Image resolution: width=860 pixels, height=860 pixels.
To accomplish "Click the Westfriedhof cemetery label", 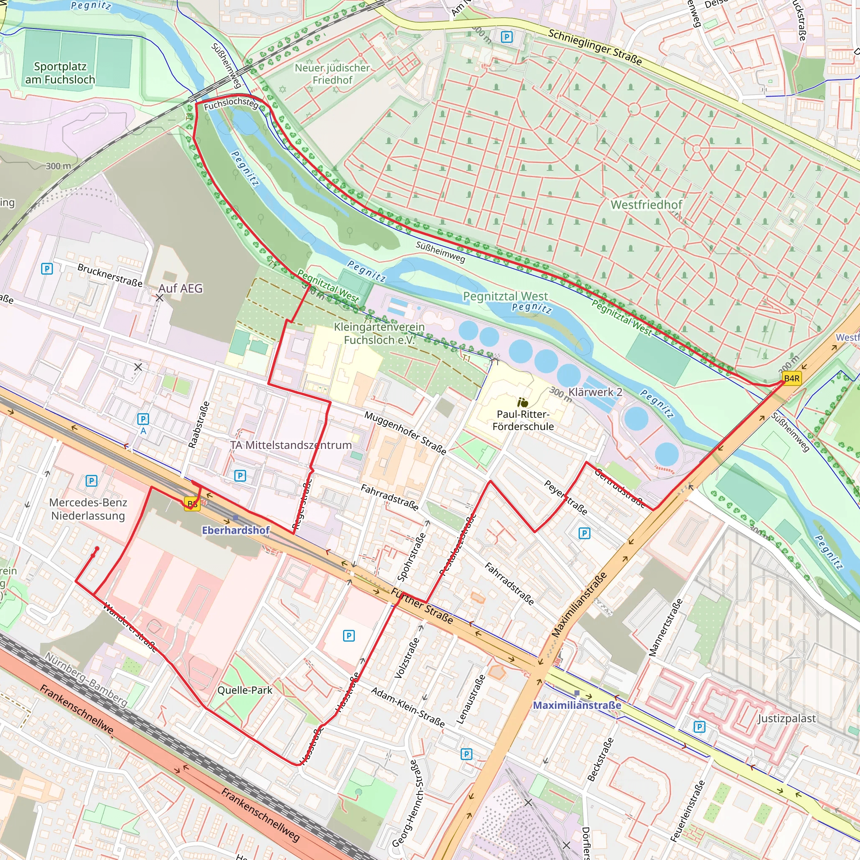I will pyautogui.click(x=646, y=205).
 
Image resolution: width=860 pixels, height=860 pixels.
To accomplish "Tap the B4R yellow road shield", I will pyautogui.click(x=792, y=378).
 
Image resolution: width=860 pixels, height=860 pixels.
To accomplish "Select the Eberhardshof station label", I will pyautogui.click(x=236, y=530).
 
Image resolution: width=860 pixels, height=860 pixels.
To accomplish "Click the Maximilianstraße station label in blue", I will pyautogui.click(x=577, y=705).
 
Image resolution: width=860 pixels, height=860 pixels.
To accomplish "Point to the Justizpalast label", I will pyautogui.click(x=787, y=718).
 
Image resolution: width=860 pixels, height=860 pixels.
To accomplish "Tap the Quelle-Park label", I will pyautogui.click(x=244, y=690).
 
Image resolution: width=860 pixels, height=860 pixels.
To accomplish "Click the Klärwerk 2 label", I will pyautogui.click(x=595, y=392).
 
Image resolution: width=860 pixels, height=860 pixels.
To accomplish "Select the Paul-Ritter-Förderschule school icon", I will pyautogui.click(x=523, y=402).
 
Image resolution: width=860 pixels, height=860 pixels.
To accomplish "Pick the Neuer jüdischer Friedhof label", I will pyautogui.click(x=332, y=74).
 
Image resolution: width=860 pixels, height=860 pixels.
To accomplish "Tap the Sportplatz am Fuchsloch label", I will pyautogui.click(x=60, y=73).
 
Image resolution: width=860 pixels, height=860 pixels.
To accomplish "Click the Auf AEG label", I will pyautogui.click(x=180, y=288).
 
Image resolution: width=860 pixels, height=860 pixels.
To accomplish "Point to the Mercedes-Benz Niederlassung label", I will pyautogui.click(x=88, y=509).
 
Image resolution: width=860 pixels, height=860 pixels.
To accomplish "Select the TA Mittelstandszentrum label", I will pyautogui.click(x=291, y=445).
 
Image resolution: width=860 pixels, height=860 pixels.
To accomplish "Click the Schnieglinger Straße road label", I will pyautogui.click(x=595, y=47).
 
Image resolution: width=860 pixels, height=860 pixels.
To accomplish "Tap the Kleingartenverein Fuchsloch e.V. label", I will pyautogui.click(x=379, y=333).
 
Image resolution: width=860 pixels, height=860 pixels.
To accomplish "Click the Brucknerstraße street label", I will pyautogui.click(x=110, y=275).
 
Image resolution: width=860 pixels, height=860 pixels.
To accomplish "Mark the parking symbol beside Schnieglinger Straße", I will pyautogui.click(x=506, y=37).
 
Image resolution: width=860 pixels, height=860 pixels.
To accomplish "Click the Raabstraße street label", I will pyautogui.click(x=199, y=424).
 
